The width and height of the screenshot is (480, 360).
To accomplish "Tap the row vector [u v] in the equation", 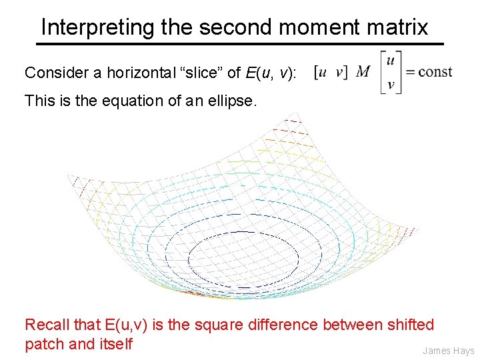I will pos(331,72).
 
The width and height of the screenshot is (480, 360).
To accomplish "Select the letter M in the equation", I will pos(364,71).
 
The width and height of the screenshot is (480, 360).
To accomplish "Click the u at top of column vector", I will pos(391,59).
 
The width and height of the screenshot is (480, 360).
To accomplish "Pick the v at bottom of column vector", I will pos(391,85).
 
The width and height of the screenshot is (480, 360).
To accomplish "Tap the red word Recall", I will pos(46,325).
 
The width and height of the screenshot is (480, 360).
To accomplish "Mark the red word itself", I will pos(116,345).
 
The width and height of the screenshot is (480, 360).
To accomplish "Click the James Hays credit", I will pos(448,351).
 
